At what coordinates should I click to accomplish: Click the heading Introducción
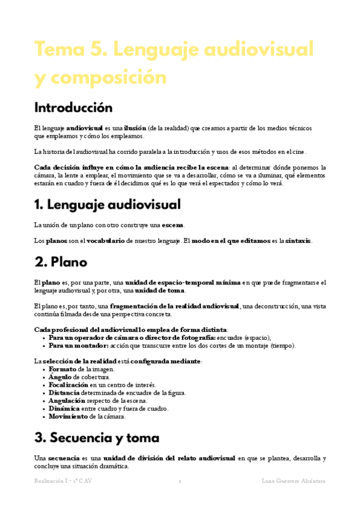click(x=73, y=108)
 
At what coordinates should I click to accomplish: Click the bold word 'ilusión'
click(x=135, y=128)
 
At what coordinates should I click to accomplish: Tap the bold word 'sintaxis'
click(x=299, y=241)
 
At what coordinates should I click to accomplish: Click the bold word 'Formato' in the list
click(x=63, y=369)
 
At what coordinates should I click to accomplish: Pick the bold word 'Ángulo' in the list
click(x=60, y=377)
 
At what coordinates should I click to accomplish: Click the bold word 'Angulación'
click(x=67, y=401)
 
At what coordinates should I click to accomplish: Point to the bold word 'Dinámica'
click(x=64, y=408)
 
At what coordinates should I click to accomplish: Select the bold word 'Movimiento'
click(x=68, y=416)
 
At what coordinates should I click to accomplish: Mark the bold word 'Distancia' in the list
click(x=65, y=393)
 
